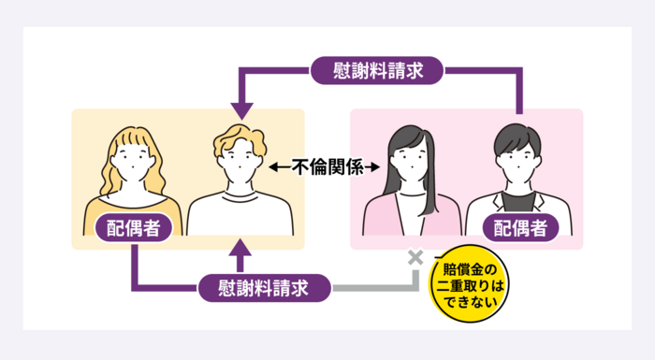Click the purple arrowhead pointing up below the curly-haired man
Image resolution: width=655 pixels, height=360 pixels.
tap(240, 247)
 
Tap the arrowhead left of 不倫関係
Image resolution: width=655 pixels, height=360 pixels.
tap(273, 167)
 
